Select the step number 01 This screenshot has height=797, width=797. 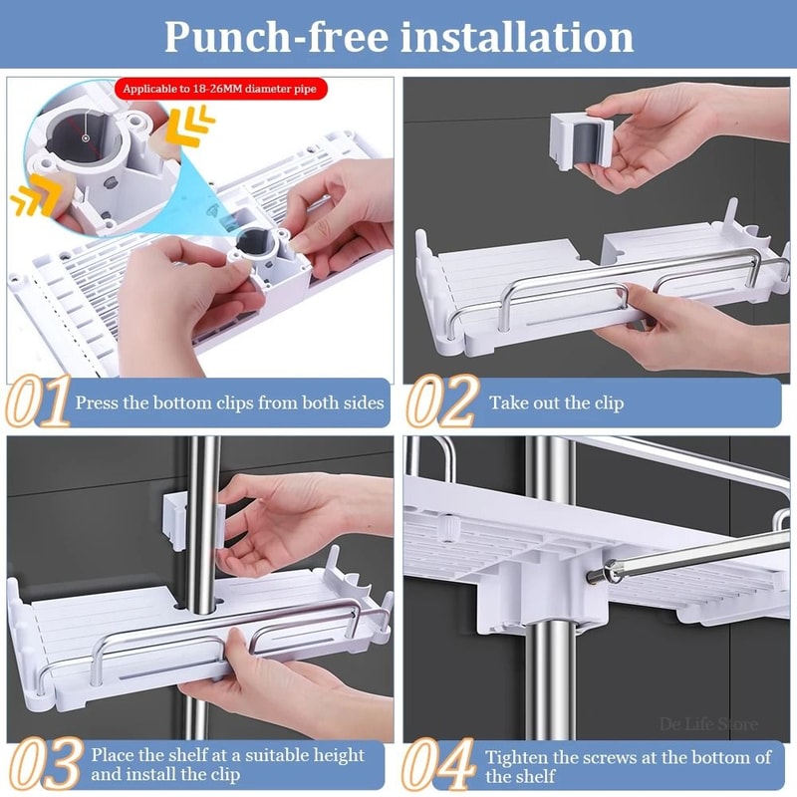tap(37, 401)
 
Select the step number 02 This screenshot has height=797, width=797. tap(441, 401)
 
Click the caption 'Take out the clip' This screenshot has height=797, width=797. tap(556, 402)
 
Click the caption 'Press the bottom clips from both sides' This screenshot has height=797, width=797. tap(229, 402)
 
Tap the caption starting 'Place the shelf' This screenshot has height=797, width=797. tap(227, 764)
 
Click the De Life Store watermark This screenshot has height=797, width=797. tap(708, 724)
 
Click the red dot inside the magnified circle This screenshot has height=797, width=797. tap(87, 137)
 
